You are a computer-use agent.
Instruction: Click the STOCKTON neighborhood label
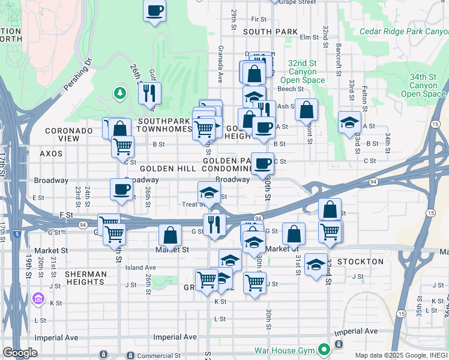tap(360, 262)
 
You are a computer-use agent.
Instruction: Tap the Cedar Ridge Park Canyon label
tap(403, 31)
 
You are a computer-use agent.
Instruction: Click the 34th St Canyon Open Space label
tap(423, 85)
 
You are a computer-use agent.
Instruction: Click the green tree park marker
tap(120, 94)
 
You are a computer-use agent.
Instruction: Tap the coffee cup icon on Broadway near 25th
tap(121, 190)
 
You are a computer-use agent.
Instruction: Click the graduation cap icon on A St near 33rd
tap(349, 122)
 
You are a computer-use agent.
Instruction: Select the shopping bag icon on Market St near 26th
tap(170, 235)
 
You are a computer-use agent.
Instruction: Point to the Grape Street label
tap(297, 2)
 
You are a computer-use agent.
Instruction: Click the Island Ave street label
tap(140, 268)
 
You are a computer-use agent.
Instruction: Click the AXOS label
tap(51, 154)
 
